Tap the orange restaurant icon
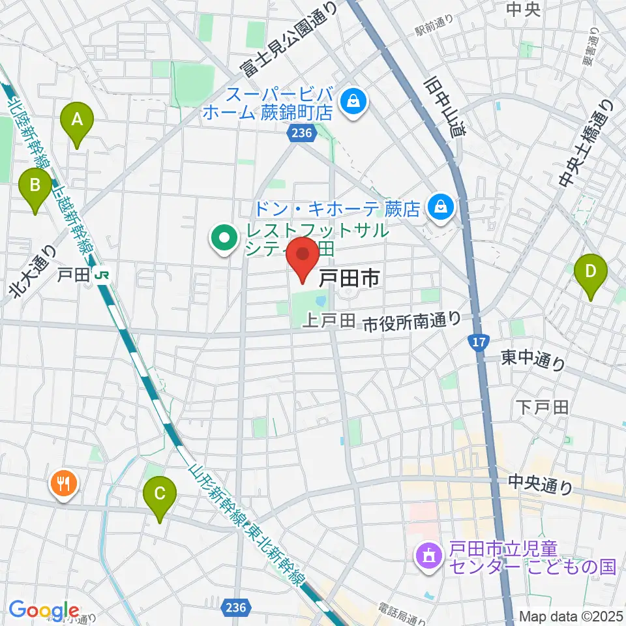point(64,484)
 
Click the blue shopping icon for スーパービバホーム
point(353,102)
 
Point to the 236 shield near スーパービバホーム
point(301,133)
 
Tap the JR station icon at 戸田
point(101,275)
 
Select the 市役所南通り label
point(411,320)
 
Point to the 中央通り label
point(540,484)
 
